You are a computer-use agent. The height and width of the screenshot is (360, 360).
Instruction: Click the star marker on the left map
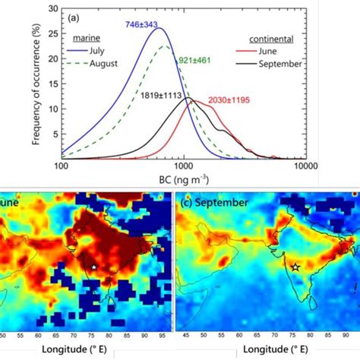click(93, 267)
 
